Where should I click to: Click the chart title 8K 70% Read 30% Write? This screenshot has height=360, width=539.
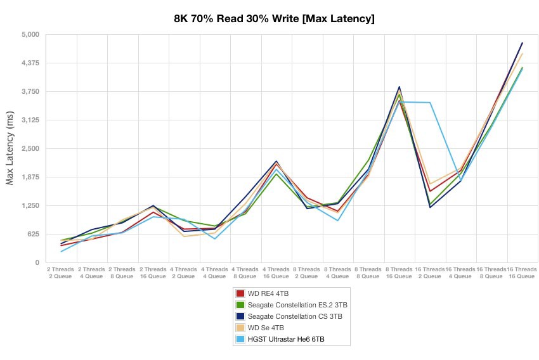click(274, 19)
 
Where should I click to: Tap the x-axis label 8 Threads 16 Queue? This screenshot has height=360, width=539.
click(399, 273)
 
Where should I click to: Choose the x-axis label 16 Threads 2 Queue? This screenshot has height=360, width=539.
click(430, 273)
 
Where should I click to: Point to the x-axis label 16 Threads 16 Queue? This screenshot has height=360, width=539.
click(521, 273)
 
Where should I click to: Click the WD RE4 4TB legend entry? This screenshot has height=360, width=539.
click(267, 293)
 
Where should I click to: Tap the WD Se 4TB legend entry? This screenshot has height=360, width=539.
click(266, 328)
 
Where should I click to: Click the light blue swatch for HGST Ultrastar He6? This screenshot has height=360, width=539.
click(240, 340)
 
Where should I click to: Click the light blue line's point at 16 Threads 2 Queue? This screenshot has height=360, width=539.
click(431, 103)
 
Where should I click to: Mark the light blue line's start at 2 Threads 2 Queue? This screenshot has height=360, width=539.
click(61, 252)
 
